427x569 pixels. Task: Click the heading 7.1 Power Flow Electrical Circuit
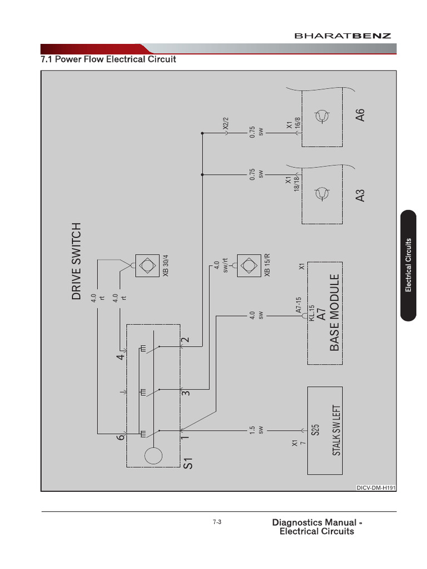coord(108,58)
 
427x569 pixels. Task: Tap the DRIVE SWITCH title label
coord(77,262)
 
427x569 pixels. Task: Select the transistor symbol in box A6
coord(323,116)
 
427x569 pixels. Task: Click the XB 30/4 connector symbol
coord(146,266)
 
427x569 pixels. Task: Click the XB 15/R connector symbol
coord(247,266)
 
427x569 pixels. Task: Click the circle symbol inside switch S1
coord(152,456)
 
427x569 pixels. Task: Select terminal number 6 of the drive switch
coord(120,438)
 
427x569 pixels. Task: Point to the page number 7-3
coord(217,522)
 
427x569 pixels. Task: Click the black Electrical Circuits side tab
coord(408,265)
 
